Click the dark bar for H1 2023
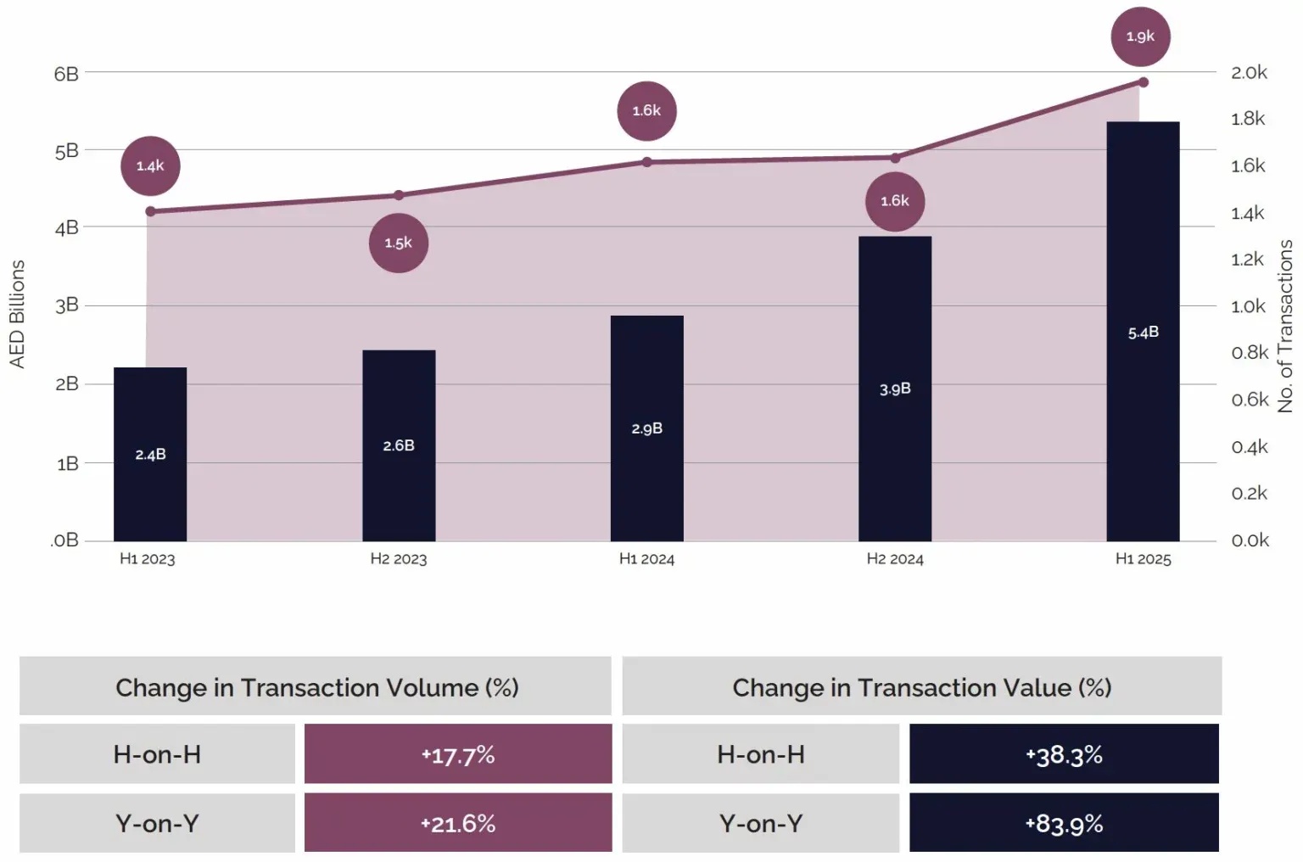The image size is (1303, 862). tap(150, 454)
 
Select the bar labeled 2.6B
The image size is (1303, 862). tap(399, 445)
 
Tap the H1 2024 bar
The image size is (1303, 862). tap(646, 428)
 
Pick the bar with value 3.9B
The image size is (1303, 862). tap(895, 388)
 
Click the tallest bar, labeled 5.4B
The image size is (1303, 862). tap(1143, 331)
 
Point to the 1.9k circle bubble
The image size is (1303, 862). tap(1140, 36)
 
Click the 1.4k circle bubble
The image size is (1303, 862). tap(150, 165)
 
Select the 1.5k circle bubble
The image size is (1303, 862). tap(398, 243)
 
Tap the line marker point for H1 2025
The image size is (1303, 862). tap(1144, 82)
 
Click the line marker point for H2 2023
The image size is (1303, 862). tap(399, 195)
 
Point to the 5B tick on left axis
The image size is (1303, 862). tap(66, 151)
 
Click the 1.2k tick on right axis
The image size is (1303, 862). tap(1248, 260)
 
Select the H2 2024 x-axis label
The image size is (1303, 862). tap(895, 559)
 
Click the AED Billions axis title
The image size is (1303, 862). tap(17, 314)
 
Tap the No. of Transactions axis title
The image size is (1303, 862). tap(1285, 326)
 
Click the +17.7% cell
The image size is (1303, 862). tap(458, 754)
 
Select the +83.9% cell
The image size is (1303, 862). tap(1064, 823)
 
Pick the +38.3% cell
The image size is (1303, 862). tap(1064, 754)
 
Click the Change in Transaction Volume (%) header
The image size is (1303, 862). tap(316, 686)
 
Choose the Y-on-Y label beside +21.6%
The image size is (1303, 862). tap(157, 823)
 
